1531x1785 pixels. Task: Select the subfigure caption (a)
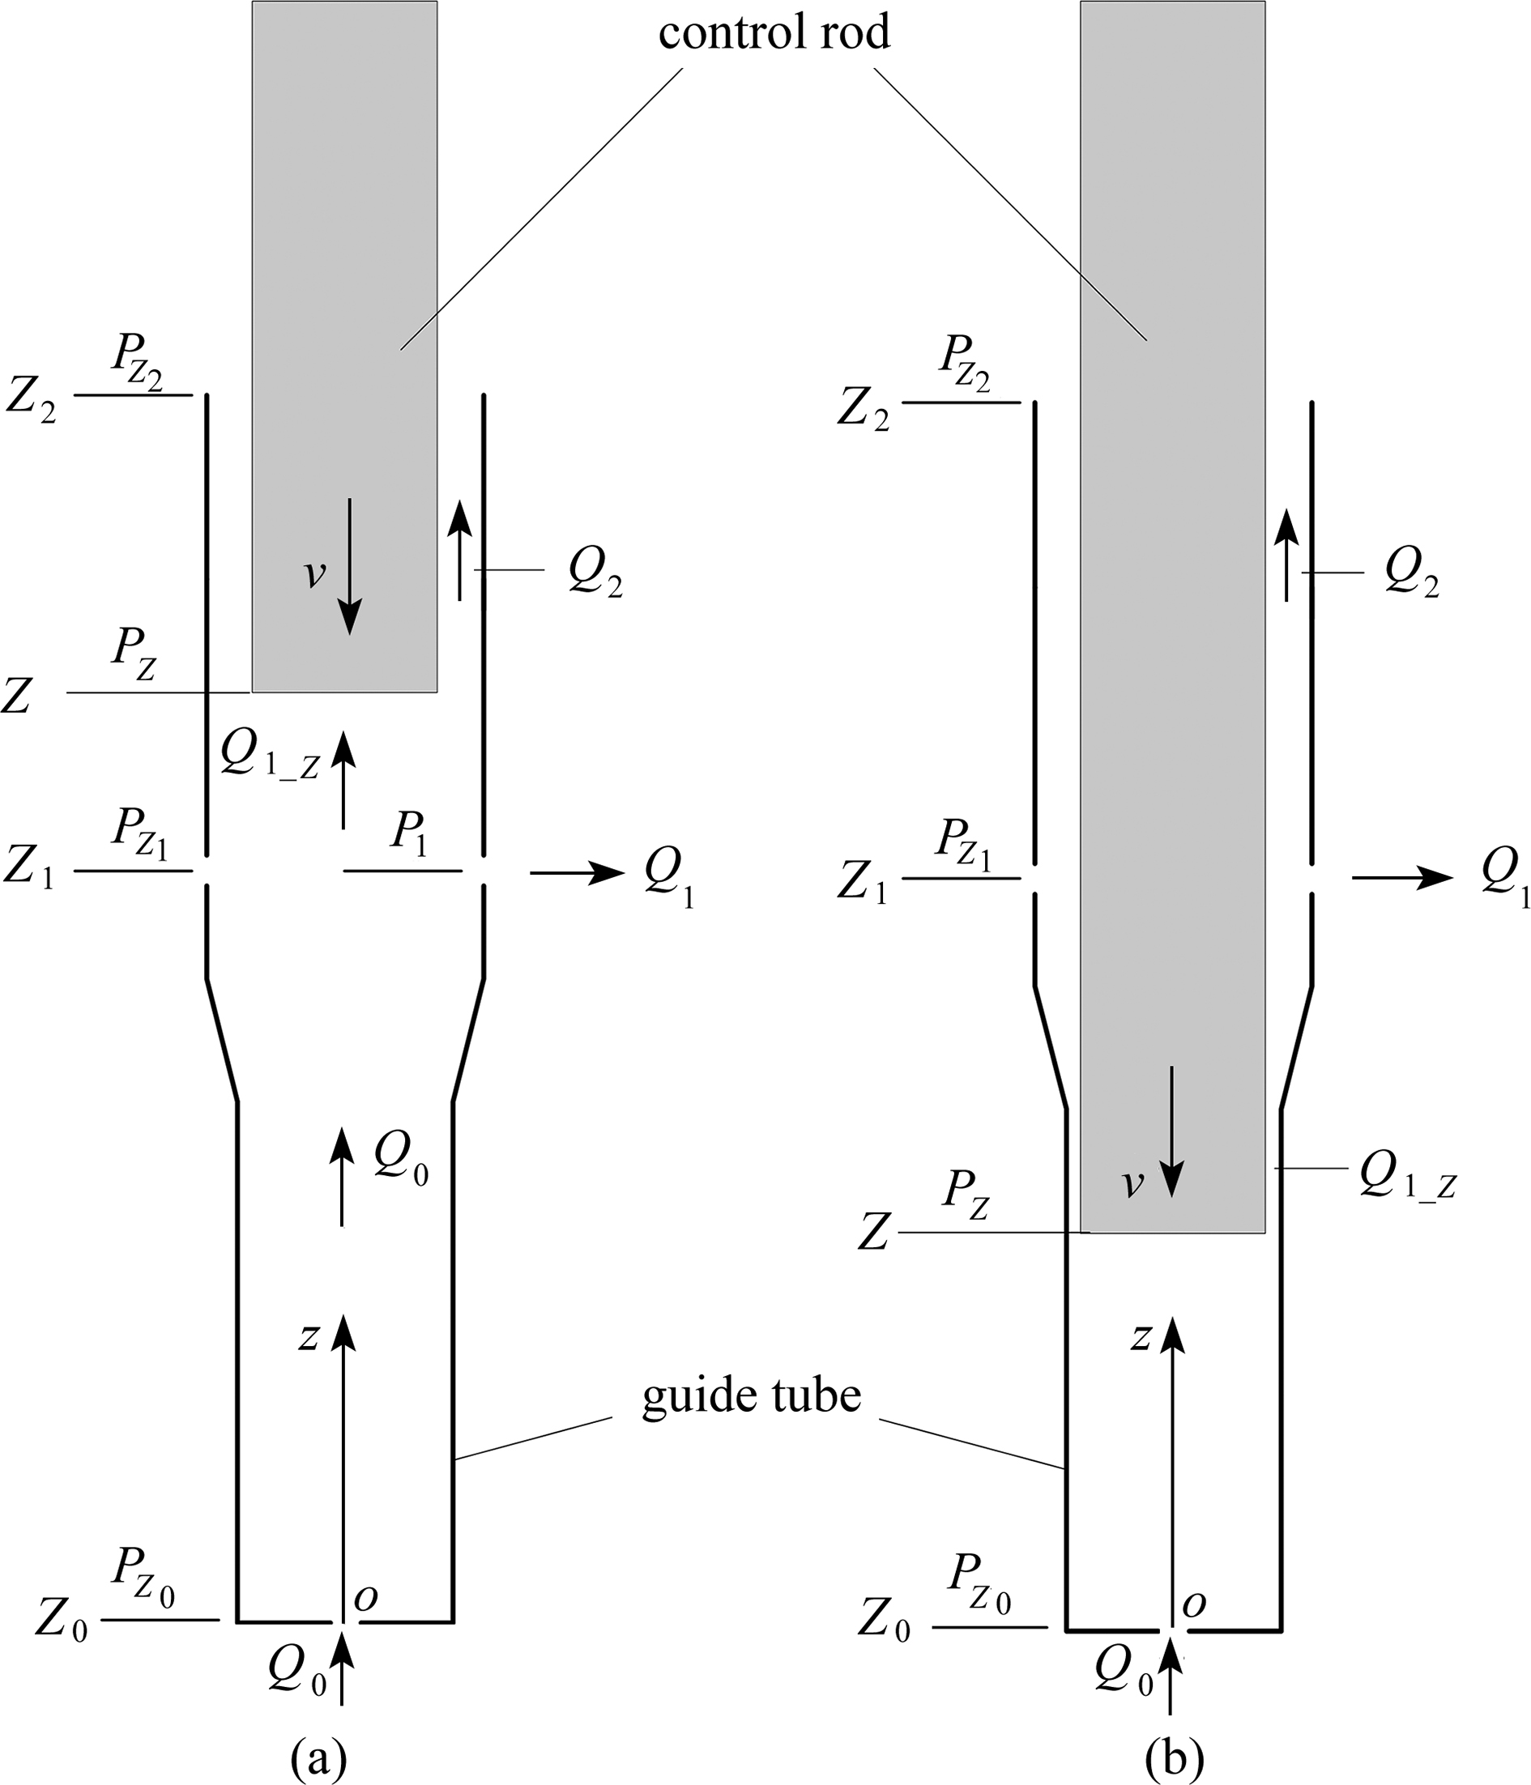[319, 1757]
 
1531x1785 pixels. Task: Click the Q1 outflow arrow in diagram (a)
[578, 873]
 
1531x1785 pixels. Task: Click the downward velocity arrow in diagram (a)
[349, 567]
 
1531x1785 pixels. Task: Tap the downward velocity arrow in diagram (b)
[1171, 1132]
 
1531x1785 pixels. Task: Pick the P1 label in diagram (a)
[409, 835]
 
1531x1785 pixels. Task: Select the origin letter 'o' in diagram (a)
[366, 1598]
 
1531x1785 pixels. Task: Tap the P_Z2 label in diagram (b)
[965, 363]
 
